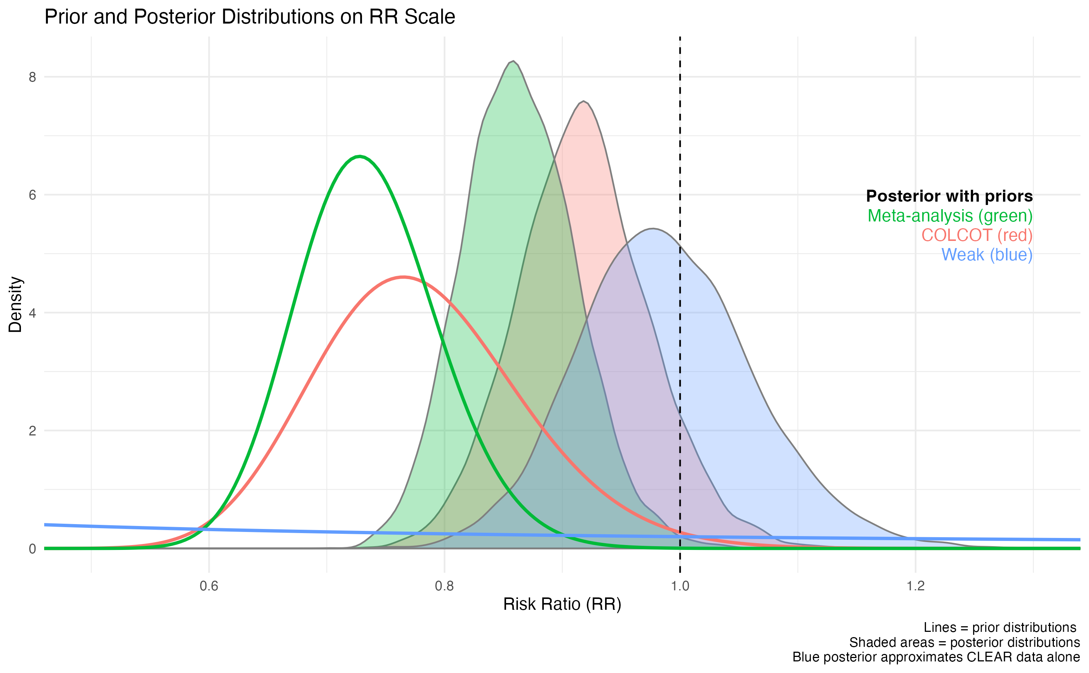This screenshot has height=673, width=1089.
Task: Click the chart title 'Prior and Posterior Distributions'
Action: [x=249, y=17]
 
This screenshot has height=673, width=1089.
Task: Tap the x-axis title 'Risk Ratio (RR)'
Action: [x=562, y=604]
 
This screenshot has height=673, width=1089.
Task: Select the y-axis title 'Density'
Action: [x=16, y=305]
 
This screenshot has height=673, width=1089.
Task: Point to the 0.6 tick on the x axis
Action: [x=209, y=586]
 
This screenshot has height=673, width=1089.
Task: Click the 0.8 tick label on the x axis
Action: [x=444, y=586]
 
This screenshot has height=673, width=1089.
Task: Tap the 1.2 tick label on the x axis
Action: [x=915, y=586]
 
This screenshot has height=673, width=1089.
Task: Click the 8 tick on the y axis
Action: [x=32, y=77]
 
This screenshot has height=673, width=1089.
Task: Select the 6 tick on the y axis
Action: [x=32, y=195]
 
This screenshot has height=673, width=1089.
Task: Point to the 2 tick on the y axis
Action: [x=32, y=431]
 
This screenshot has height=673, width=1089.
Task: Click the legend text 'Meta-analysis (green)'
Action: [x=950, y=216]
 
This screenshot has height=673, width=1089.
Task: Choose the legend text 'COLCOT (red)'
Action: [x=976, y=235]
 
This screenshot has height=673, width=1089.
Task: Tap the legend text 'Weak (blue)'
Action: [x=986, y=255]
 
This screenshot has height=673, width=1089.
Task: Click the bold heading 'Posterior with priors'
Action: [x=949, y=196]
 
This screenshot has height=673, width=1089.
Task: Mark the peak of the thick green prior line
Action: [x=359, y=156]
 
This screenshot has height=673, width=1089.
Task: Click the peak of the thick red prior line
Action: [x=403, y=277]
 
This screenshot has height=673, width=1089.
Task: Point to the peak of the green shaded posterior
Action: [x=513, y=61]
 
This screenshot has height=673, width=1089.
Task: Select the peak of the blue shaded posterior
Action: [x=652, y=229]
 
